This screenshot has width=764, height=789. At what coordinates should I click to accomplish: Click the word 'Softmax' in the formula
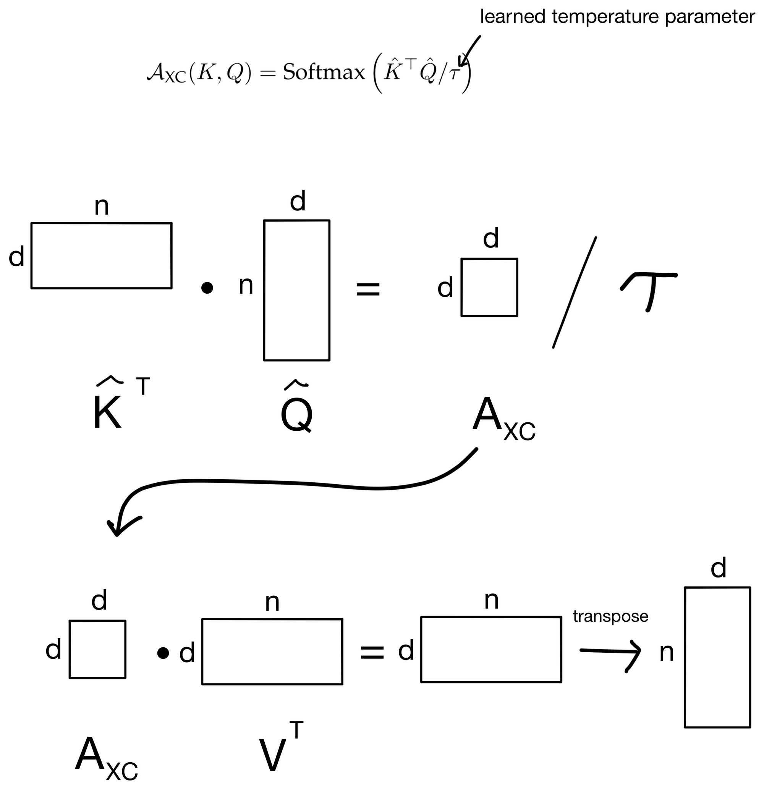(x=324, y=73)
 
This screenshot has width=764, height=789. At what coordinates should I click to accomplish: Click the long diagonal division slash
(x=574, y=292)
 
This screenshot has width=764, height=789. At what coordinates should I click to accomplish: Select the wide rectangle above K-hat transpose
(x=102, y=255)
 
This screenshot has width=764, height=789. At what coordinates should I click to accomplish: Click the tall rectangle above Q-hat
(x=297, y=290)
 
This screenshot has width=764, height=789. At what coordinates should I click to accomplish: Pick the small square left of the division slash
(x=489, y=287)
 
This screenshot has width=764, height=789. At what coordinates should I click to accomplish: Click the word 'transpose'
(x=610, y=616)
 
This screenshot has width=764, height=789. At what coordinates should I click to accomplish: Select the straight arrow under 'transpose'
(x=610, y=650)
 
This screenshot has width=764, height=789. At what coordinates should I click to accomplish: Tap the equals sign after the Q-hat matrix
(x=368, y=289)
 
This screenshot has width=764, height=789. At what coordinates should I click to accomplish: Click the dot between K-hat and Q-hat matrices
(x=207, y=288)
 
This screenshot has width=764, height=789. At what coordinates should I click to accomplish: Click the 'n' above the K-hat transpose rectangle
(x=102, y=207)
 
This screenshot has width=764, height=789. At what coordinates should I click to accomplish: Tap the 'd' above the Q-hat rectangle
(x=298, y=201)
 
